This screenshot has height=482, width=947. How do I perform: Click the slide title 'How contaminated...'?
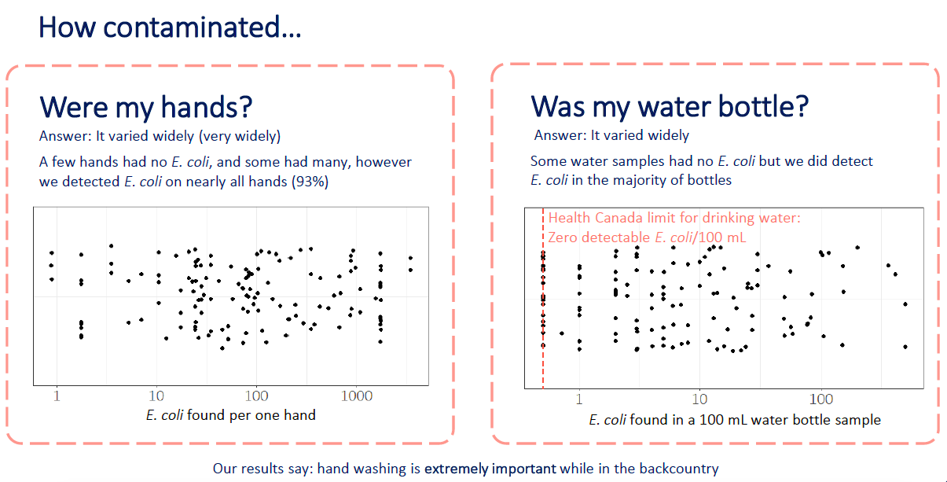pyautogui.click(x=170, y=27)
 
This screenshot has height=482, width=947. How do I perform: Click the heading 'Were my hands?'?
pyautogui.click(x=146, y=107)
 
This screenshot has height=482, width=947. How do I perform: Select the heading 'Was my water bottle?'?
pyautogui.click(x=670, y=106)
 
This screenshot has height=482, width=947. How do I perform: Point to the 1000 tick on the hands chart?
pyautogui.click(x=357, y=396)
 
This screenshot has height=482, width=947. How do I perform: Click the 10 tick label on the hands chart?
pyautogui.click(x=156, y=396)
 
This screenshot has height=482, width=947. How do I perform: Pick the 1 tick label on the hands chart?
pyautogui.click(x=57, y=396)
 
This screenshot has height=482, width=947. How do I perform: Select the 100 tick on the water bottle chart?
pyautogui.click(x=821, y=399)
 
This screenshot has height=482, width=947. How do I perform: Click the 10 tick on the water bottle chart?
pyautogui.click(x=699, y=399)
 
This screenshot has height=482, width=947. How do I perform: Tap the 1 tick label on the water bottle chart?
pyautogui.click(x=579, y=399)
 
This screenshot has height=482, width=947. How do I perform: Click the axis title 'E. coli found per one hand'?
pyautogui.click(x=231, y=415)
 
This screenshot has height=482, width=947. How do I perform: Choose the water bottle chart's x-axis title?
pyautogui.click(x=735, y=420)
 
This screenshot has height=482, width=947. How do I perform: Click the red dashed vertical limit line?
pyautogui.click(x=543, y=298)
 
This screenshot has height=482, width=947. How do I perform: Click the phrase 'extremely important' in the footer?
pyautogui.click(x=490, y=469)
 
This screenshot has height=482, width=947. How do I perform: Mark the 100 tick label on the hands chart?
pyautogui.click(x=257, y=396)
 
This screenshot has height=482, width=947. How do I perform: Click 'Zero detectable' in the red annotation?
pyautogui.click(x=600, y=237)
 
